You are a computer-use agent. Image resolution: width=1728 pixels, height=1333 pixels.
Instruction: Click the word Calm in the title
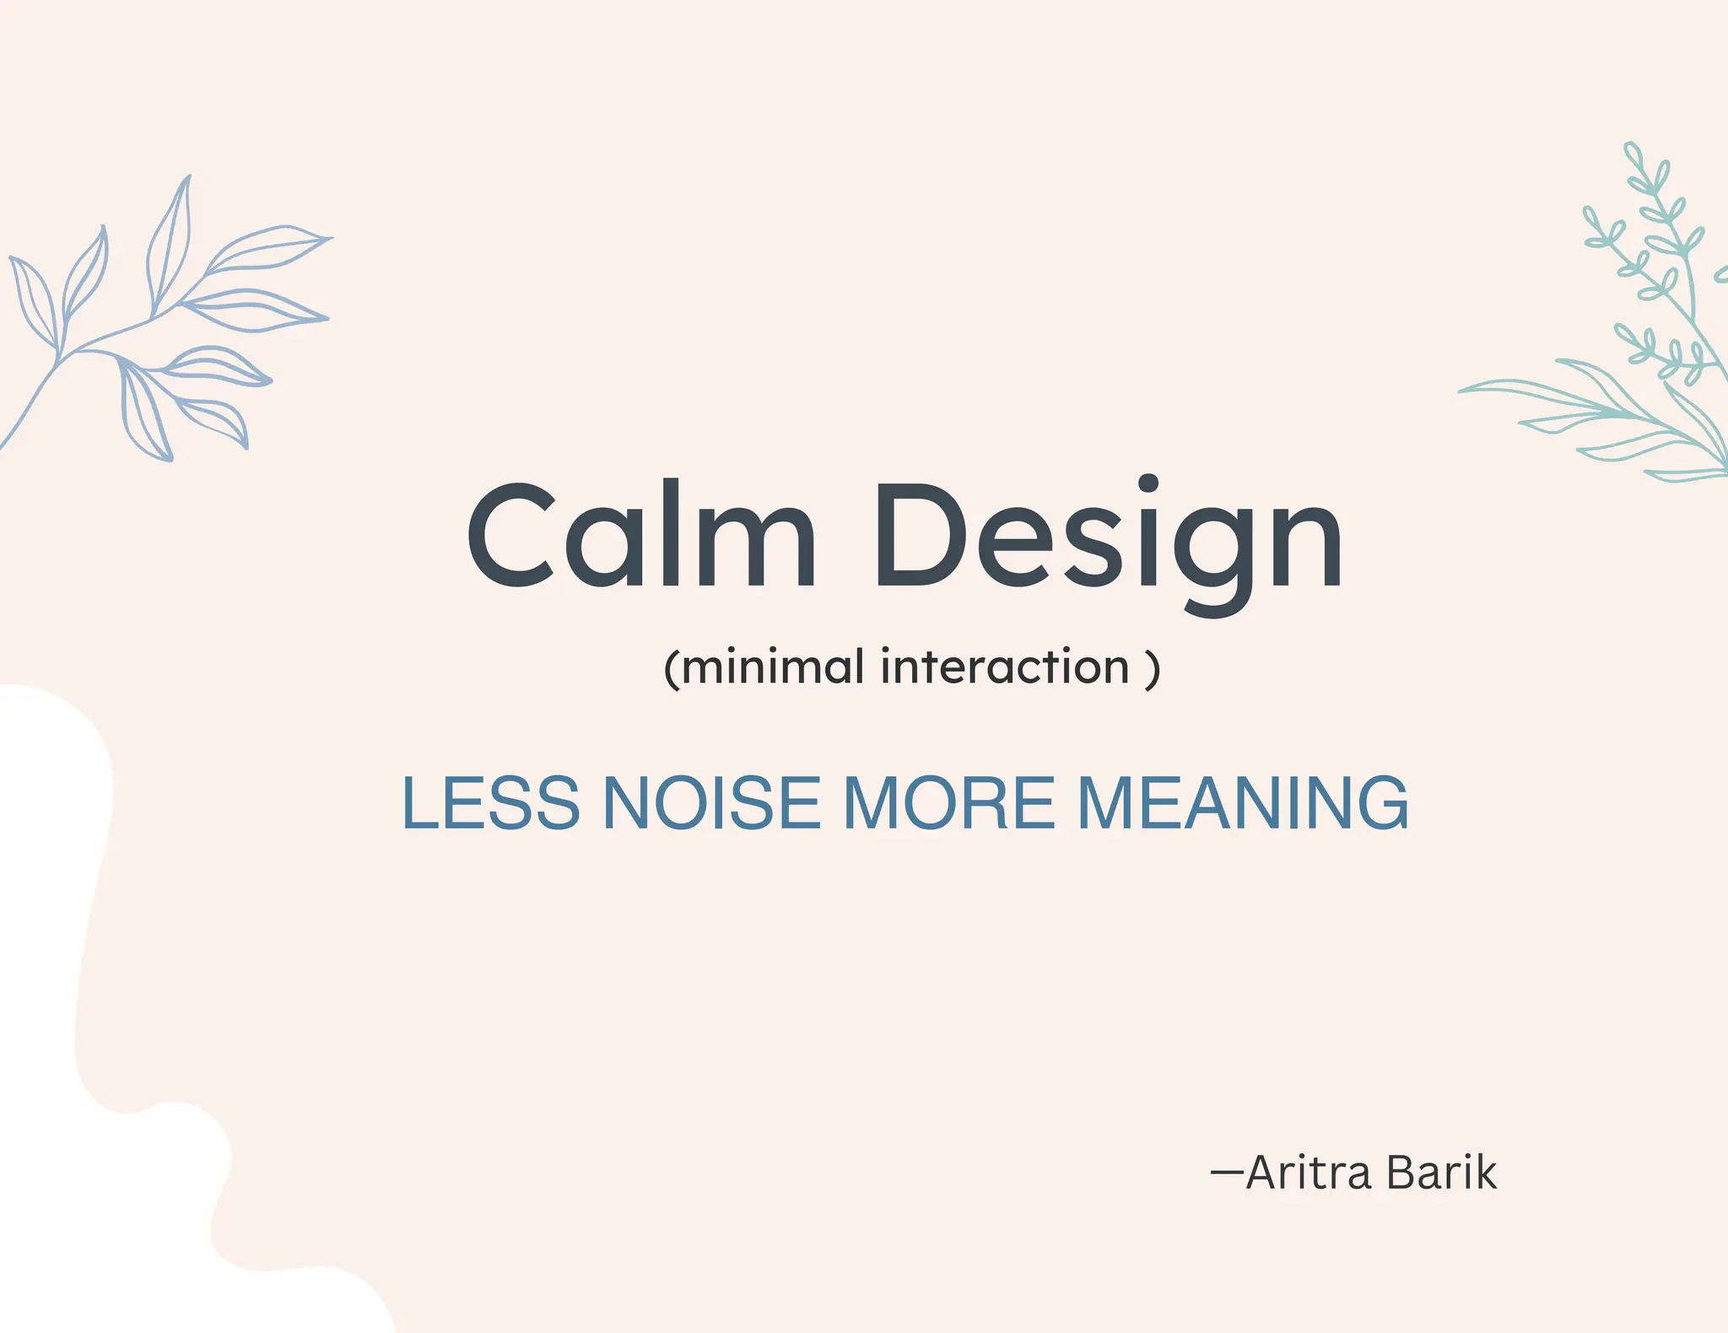641,535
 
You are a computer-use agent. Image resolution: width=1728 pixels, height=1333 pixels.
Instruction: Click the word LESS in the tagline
491,802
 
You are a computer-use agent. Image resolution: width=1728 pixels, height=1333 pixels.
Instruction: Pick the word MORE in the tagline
948,802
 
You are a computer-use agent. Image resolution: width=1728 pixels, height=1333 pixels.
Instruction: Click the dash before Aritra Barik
1227,1172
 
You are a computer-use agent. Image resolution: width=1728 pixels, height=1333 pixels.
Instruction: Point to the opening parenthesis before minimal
672,669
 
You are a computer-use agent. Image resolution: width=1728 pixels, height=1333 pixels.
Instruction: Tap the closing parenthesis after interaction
1153,669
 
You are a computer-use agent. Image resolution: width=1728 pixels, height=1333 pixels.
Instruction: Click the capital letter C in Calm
511,535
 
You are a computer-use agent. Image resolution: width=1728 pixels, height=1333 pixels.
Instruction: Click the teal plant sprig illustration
1628,337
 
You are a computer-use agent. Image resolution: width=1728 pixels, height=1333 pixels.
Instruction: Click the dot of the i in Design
1148,483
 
